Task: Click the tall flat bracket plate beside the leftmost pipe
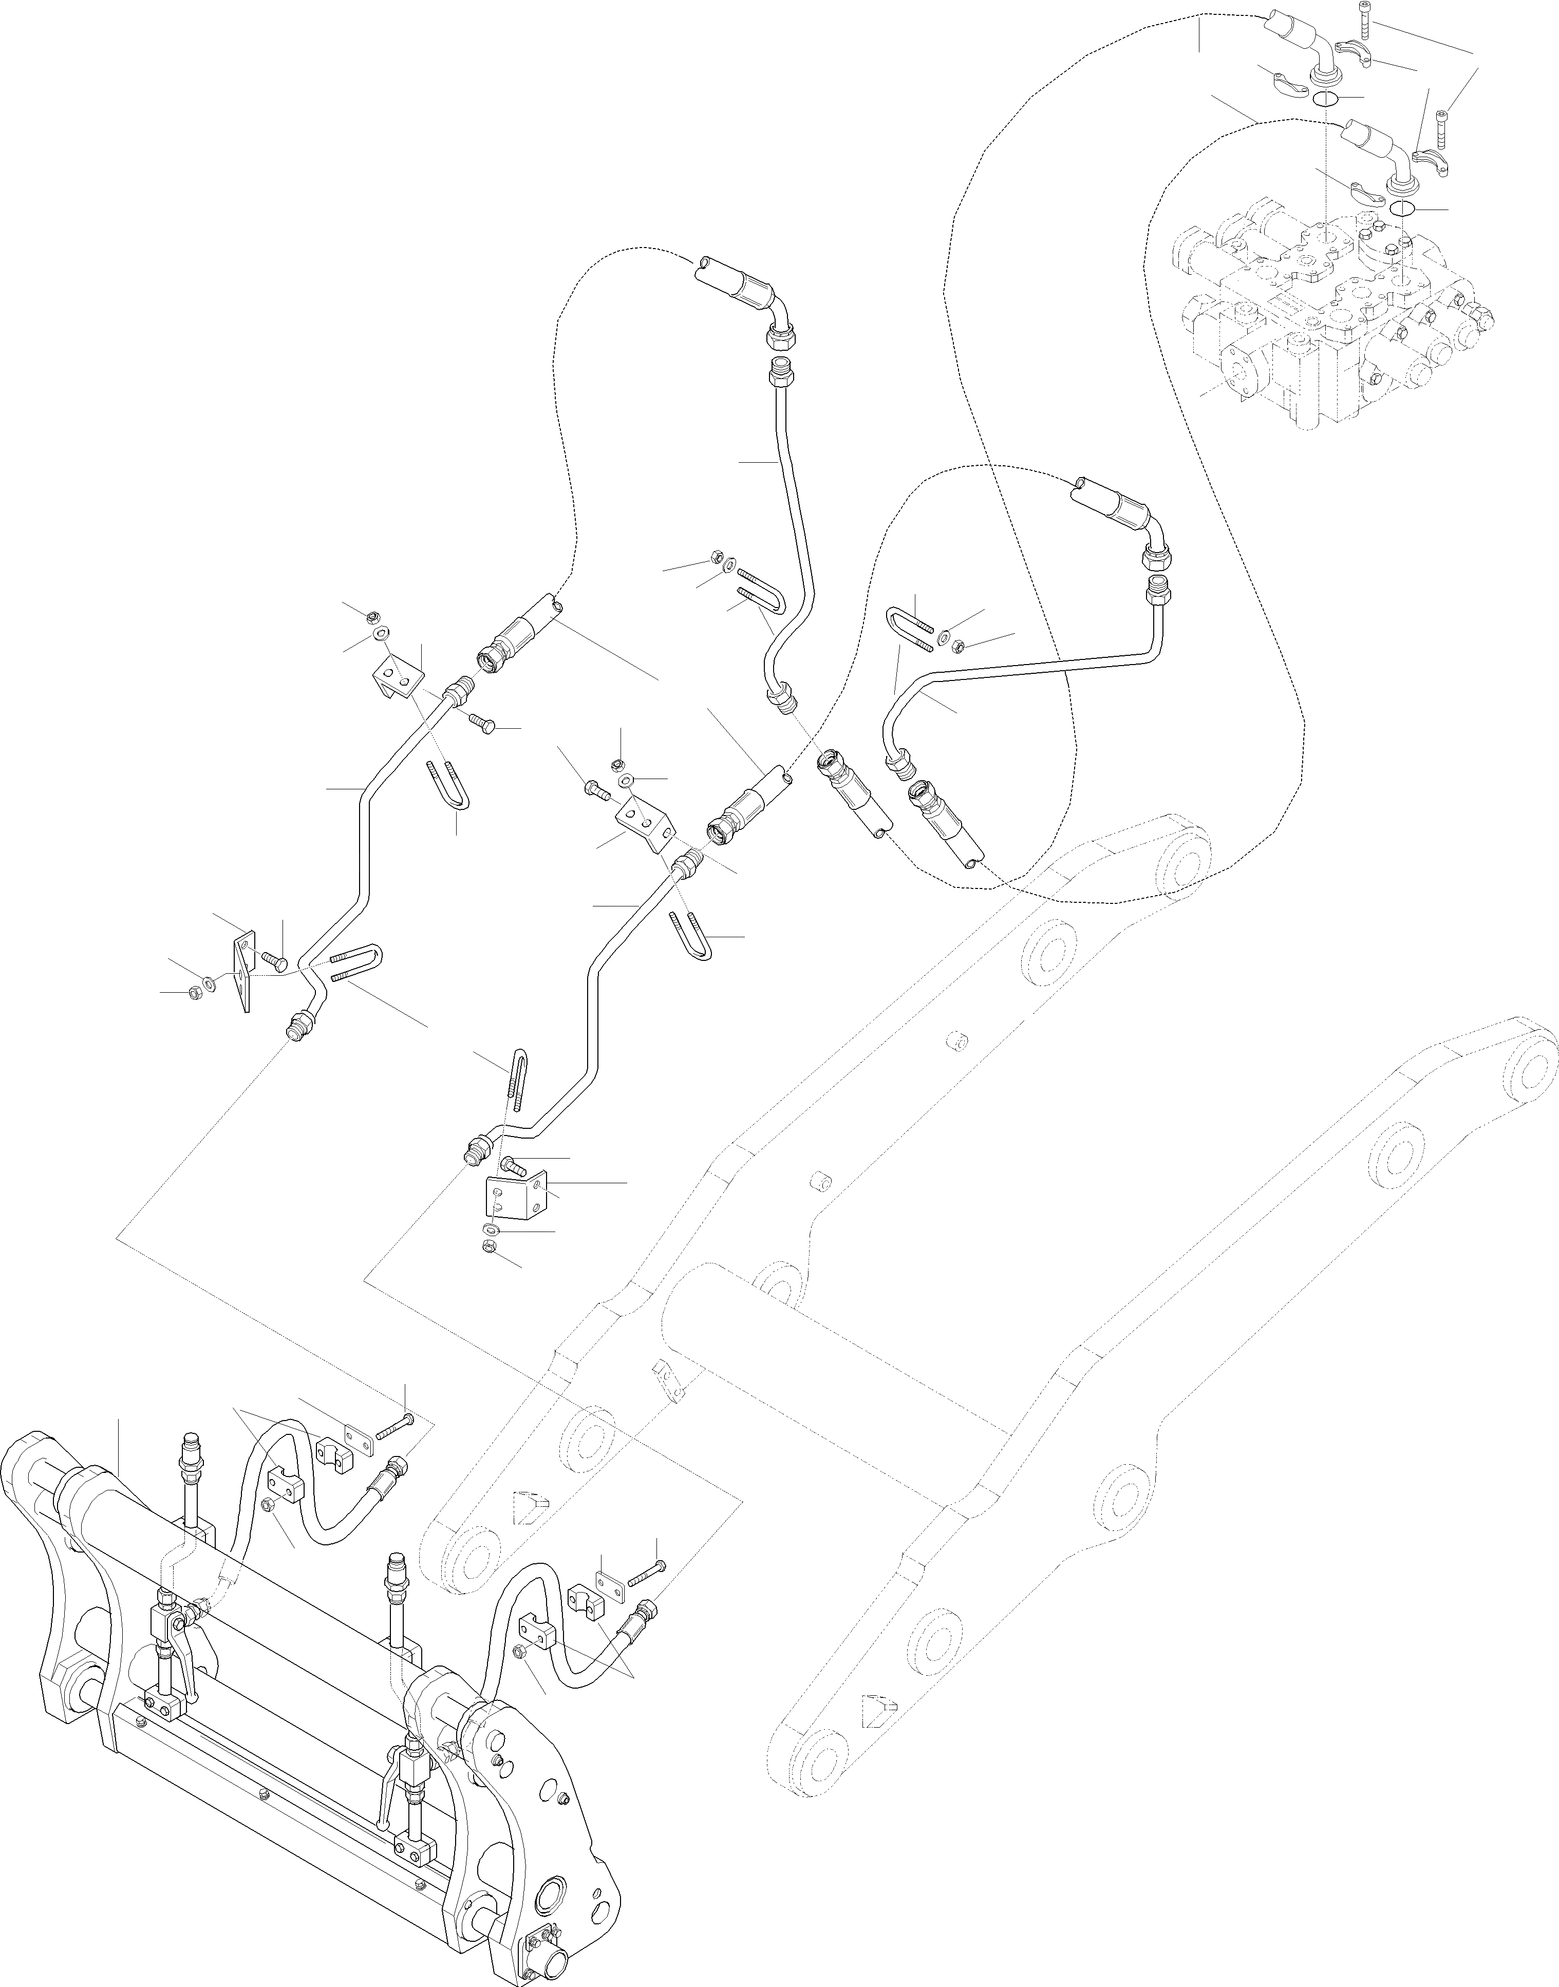click(243, 970)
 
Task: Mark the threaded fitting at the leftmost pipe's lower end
click(297, 1030)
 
